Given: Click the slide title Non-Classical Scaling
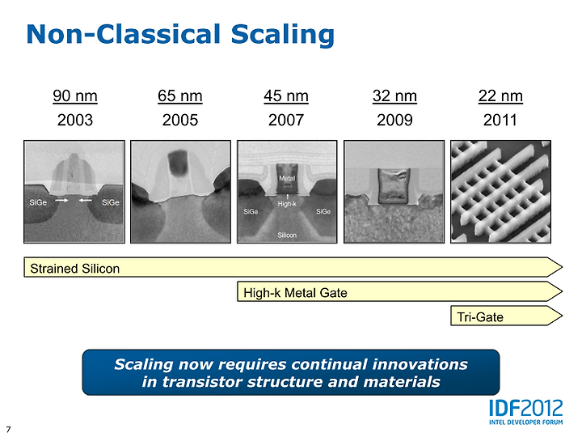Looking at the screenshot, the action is point(180,35).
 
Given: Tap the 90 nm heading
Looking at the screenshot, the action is point(75,95).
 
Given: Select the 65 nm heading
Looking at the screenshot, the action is point(180,95).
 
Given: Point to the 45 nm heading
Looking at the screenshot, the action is point(286,95).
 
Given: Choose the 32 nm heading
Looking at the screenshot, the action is point(394,95).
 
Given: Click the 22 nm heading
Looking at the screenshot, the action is point(500,95).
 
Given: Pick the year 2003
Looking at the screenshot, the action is point(75,120).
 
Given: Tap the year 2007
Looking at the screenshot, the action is point(286,120).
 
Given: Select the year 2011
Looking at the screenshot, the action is point(500,120).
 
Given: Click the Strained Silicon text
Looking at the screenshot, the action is point(75,269).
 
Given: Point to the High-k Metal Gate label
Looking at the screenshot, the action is point(295,293).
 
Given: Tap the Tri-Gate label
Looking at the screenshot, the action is point(480,317).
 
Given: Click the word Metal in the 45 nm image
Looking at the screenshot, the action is point(287,178).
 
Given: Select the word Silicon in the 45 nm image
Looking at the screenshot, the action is point(287,235).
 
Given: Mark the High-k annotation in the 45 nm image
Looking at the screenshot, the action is point(287,204).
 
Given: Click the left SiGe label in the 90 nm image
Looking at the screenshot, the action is point(38,202).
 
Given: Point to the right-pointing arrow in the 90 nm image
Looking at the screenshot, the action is point(61,201).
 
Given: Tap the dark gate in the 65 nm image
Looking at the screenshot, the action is point(178,163).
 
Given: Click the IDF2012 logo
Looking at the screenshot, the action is point(525,412).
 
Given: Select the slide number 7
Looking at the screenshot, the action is point(8,429).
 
